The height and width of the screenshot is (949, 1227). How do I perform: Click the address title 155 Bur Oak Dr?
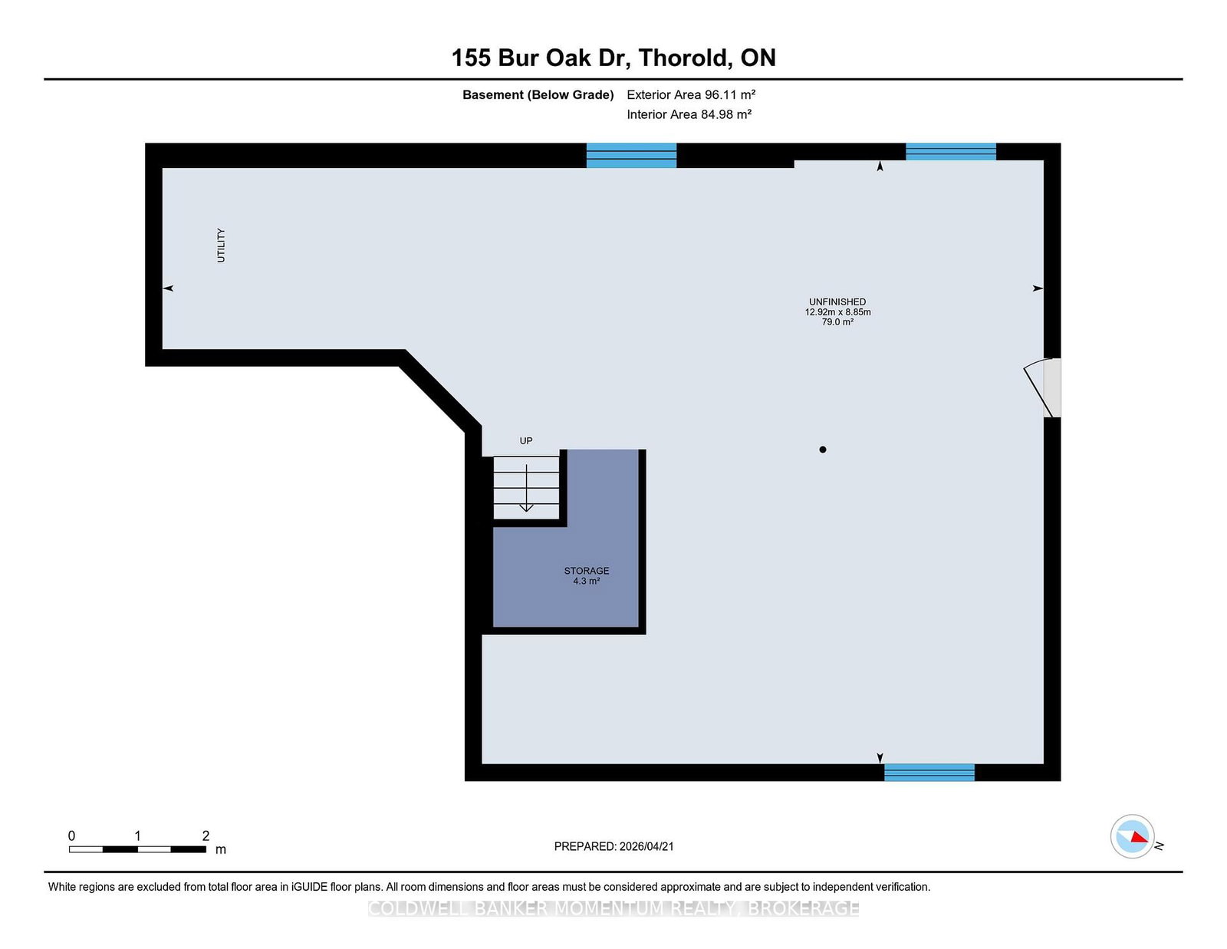pyautogui.click(x=613, y=58)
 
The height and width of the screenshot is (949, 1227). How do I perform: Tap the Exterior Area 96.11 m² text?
pyautogui.click(x=690, y=94)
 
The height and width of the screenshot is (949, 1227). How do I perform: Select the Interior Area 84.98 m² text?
pyautogui.click(x=688, y=114)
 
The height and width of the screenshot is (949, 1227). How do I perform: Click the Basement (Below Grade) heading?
pyautogui.click(x=538, y=94)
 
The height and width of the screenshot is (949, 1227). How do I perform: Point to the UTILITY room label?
pyautogui.click(x=221, y=245)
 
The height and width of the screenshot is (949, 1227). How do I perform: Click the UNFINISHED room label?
pyautogui.click(x=837, y=302)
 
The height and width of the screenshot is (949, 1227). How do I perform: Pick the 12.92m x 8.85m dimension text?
pyautogui.click(x=837, y=312)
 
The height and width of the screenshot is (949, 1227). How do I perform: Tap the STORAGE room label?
pyautogui.click(x=587, y=571)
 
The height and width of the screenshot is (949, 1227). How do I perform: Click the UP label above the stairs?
pyautogui.click(x=526, y=440)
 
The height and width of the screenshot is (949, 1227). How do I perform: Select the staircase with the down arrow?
pyautogui.click(x=526, y=487)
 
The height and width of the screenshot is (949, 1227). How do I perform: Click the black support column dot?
pyautogui.click(x=823, y=450)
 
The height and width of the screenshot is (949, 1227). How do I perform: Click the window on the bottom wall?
pyautogui.click(x=929, y=772)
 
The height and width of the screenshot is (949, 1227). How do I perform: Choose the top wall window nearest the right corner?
pyautogui.click(x=950, y=151)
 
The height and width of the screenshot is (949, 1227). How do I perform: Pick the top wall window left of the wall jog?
pyautogui.click(x=631, y=155)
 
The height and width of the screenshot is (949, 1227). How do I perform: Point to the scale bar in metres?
pyautogui.click(x=137, y=848)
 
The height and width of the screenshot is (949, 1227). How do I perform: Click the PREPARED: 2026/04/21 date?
pyautogui.click(x=613, y=846)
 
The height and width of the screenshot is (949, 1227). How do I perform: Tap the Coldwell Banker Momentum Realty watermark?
pyautogui.click(x=613, y=908)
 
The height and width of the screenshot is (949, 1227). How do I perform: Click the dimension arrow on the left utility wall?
pyautogui.click(x=169, y=288)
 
